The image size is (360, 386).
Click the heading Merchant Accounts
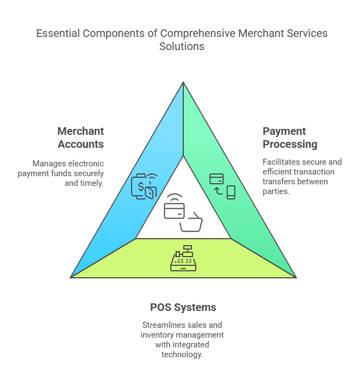[x=80, y=138]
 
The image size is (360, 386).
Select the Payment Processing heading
[x=290, y=138]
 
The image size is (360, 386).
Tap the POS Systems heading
[x=183, y=307]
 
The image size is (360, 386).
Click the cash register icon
[x=183, y=258]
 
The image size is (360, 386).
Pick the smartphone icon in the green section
[x=231, y=192]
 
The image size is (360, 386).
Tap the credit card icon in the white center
[x=174, y=210]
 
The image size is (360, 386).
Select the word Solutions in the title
[x=182, y=46]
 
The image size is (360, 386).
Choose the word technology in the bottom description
[x=182, y=354]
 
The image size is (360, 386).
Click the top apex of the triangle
[x=183, y=83]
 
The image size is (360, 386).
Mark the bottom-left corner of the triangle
[x=71, y=277]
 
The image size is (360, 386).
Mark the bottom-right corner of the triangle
[x=295, y=277]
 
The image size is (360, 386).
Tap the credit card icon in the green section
[x=216, y=178]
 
